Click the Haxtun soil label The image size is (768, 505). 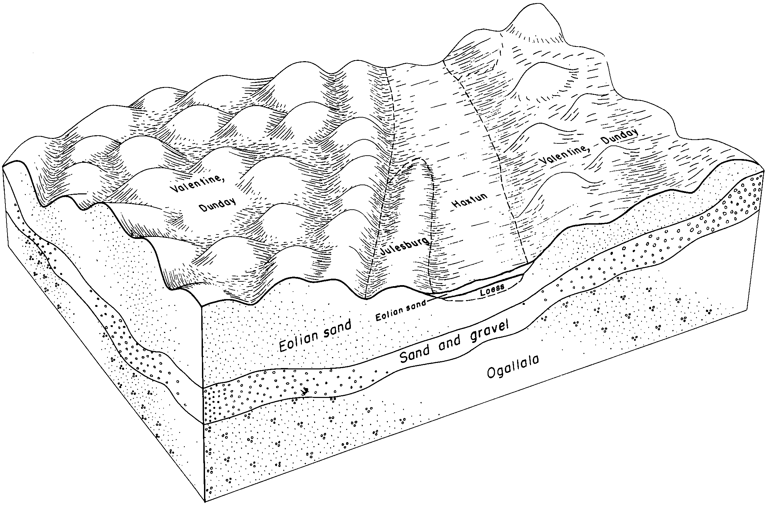pos(470,201)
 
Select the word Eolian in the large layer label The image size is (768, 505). pos(298,340)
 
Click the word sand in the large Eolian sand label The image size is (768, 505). pos(337,328)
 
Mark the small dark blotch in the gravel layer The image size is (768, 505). pos(306,391)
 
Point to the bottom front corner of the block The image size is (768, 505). pos(204,502)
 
